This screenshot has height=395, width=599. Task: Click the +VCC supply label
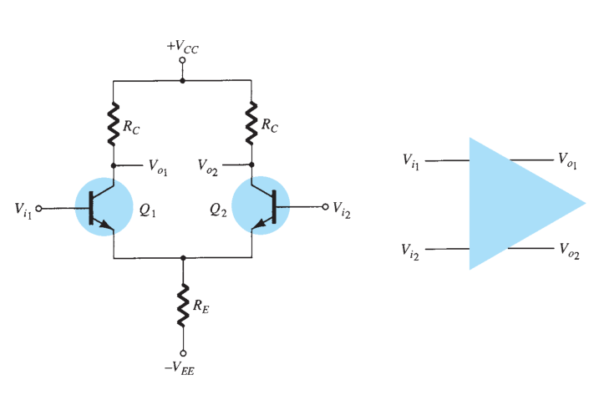(x=183, y=47)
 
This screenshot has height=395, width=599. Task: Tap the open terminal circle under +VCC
(x=183, y=60)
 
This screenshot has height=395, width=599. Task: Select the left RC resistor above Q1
(x=113, y=124)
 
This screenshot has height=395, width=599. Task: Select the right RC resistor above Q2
(x=251, y=123)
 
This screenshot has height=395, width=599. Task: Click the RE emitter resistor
(x=183, y=305)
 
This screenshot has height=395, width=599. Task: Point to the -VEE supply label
(x=180, y=368)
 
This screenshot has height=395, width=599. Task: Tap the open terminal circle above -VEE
(x=183, y=353)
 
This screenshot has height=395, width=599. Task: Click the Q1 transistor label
(x=148, y=210)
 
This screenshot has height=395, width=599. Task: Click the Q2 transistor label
(x=218, y=210)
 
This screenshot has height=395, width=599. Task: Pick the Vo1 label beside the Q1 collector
(x=158, y=167)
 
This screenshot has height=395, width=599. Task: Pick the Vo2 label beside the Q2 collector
(x=208, y=167)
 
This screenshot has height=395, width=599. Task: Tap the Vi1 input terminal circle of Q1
(x=38, y=209)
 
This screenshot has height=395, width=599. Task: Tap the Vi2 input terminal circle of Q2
(x=325, y=207)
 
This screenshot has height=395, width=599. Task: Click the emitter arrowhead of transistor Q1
(x=106, y=225)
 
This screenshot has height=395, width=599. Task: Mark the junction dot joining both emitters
(x=183, y=258)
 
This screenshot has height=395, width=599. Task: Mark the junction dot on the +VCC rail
(x=183, y=81)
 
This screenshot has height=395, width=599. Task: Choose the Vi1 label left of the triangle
(x=411, y=161)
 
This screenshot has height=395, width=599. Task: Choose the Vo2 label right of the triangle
(x=569, y=251)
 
